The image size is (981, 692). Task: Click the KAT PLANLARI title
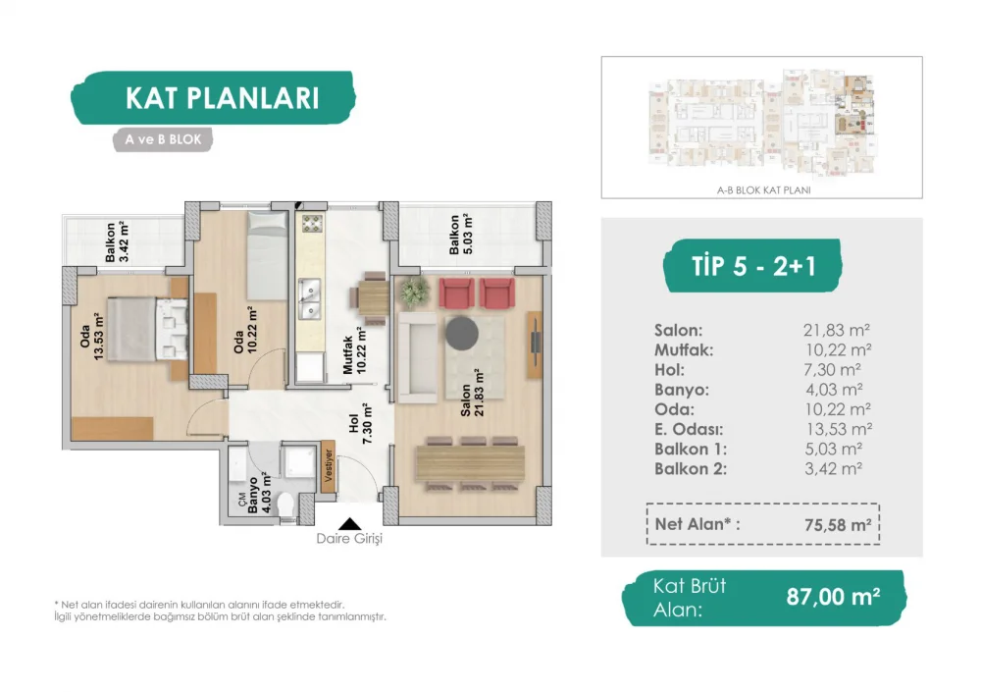[x=222, y=98]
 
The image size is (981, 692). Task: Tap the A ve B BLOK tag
[x=163, y=139]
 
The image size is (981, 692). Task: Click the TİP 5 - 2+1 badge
[x=753, y=266]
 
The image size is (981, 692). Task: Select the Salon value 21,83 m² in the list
[x=837, y=330]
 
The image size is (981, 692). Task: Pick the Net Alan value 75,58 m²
[x=838, y=525]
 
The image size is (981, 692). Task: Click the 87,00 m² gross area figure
[x=833, y=597]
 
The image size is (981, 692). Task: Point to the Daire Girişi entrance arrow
[x=350, y=524]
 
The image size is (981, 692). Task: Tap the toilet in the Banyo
[x=287, y=504]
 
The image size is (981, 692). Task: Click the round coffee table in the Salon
[x=462, y=333]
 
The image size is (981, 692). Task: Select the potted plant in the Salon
[x=414, y=292]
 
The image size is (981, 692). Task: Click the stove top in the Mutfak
[x=312, y=224]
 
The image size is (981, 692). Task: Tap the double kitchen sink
[x=309, y=299]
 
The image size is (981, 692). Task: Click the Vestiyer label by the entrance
[x=328, y=465]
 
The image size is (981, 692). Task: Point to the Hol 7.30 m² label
[x=360, y=423]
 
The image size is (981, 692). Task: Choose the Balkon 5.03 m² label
[x=460, y=235]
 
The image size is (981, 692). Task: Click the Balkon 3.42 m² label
[x=117, y=241]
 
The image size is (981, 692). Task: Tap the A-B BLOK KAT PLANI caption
[x=763, y=190]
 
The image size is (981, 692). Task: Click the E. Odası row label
[x=689, y=430]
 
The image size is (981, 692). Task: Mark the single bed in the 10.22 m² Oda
[x=267, y=255]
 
